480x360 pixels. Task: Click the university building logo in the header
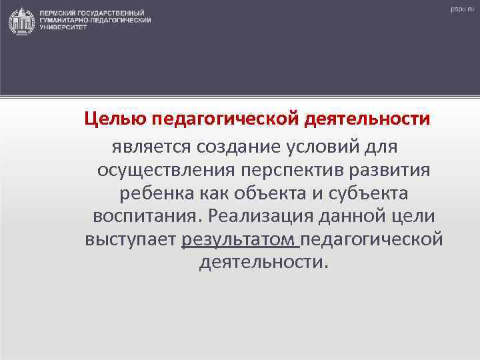21,21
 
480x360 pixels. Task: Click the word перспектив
293,169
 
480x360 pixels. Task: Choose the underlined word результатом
239,241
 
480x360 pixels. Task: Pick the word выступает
130,241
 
